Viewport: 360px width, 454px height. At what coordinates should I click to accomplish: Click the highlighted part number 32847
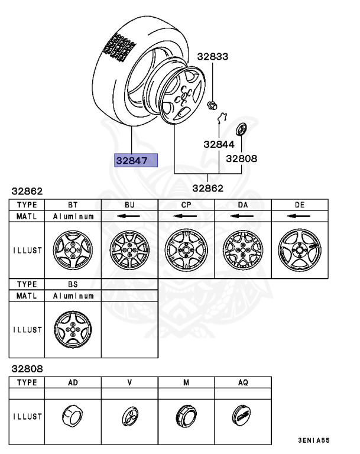tap(137, 160)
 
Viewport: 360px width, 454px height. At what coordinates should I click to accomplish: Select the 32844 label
tap(219, 144)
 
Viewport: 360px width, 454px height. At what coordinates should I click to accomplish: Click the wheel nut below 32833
tap(211, 106)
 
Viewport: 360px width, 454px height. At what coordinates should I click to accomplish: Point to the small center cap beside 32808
tap(241, 129)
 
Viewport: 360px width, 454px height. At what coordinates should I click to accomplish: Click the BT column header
tap(73, 205)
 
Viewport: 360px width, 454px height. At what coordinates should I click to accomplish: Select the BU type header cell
tap(129, 205)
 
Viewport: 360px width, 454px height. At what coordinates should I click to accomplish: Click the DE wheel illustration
tap(299, 248)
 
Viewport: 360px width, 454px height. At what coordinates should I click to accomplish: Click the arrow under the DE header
tap(299, 216)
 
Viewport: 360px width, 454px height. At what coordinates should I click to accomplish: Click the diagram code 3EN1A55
tap(313, 441)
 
